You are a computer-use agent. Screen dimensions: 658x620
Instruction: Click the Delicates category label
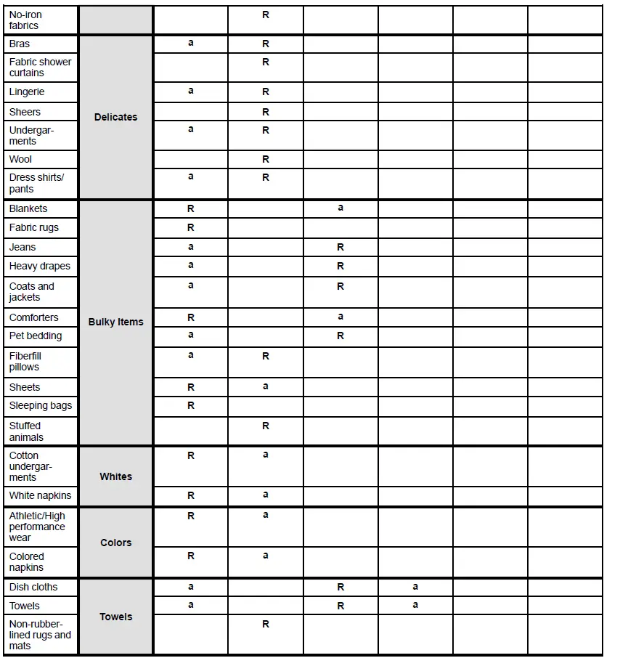pyautogui.click(x=115, y=117)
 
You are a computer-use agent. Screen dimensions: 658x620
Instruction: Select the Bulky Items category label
pyautogui.click(x=115, y=322)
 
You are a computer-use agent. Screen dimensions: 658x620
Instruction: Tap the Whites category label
pyautogui.click(x=115, y=476)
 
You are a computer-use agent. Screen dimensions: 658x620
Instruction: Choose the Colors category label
pyautogui.click(x=115, y=543)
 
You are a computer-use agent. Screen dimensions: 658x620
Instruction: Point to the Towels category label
pyautogui.click(x=115, y=617)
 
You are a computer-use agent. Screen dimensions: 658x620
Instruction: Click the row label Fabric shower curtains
pyautogui.click(x=40, y=67)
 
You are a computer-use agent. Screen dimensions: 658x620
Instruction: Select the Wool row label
pyautogui.click(x=20, y=159)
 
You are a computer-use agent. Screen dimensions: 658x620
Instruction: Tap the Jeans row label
pyautogui.click(x=23, y=247)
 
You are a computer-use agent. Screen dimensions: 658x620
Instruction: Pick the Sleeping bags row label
pyautogui.click(x=41, y=405)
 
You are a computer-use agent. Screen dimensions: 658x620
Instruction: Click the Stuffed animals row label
pyautogui.click(x=26, y=431)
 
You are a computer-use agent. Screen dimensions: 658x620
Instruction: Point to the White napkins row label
pyautogui.click(x=41, y=495)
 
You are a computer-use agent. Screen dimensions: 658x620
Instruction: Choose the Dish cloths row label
pyautogui.click(x=33, y=587)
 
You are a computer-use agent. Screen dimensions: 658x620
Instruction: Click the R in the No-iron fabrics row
pyautogui.click(x=266, y=15)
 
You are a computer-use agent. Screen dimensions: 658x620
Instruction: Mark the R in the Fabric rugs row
pyautogui.click(x=191, y=227)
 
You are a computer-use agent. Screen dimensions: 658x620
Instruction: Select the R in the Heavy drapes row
pyautogui.click(x=340, y=266)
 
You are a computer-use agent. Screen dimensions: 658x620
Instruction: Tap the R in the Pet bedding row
pyautogui.click(x=340, y=336)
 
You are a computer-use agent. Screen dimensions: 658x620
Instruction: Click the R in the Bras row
pyautogui.click(x=266, y=44)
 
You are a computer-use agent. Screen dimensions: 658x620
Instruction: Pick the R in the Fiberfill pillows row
pyautogui.click(x=266, y=356)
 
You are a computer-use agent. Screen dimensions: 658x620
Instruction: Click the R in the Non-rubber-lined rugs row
pyautogui.click(x=266, y=624)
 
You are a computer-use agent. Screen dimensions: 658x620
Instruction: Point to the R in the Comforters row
pyautogui.click(x=191, y=317)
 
